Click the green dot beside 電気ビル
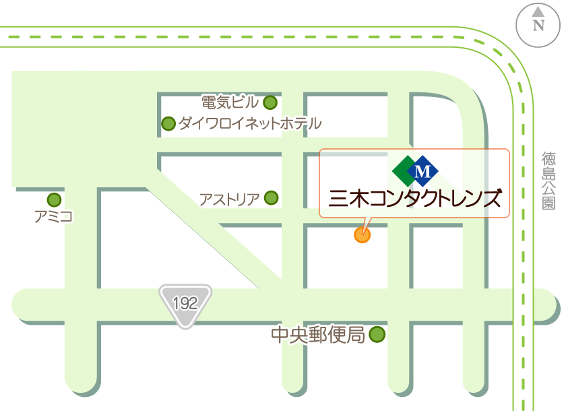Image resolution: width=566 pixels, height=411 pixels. [270, 102]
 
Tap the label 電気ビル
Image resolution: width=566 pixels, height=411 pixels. [230, 102]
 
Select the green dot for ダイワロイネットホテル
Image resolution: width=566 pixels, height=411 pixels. [168, 123]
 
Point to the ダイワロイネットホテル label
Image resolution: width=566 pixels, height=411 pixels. [249, 123]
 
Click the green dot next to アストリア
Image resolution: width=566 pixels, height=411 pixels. [271, 197]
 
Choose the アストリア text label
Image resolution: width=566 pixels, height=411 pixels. [230, 199]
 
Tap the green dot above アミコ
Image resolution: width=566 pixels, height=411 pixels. [54, 200]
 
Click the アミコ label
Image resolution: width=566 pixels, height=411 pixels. [53, 216]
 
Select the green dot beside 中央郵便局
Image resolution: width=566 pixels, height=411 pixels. [377, 334]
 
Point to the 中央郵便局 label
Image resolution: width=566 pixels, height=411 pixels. [317, 334]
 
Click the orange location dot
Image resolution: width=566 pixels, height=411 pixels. [362, 234]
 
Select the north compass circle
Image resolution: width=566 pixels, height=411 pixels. [538, 24]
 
